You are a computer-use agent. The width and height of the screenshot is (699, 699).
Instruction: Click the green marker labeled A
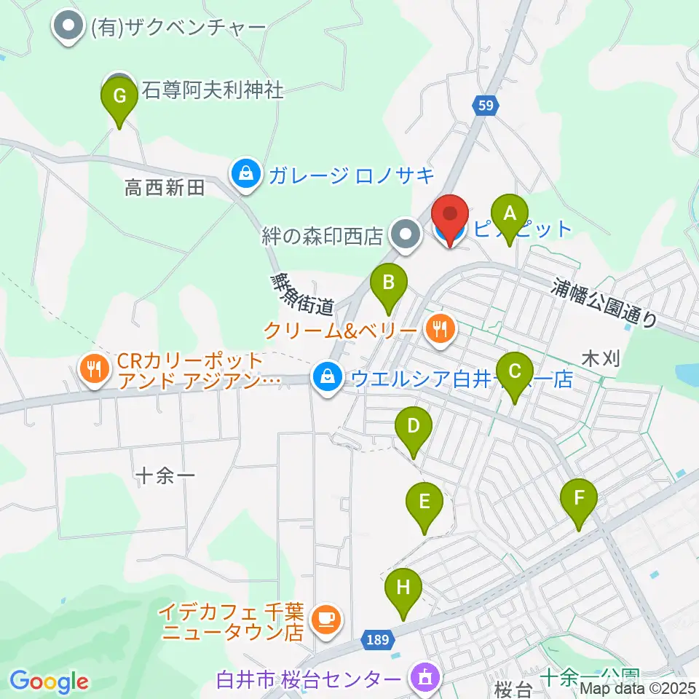[x=510, y=215]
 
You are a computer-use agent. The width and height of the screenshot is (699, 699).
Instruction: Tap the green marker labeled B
[x=389, y=282]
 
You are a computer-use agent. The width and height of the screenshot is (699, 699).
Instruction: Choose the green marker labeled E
[x=425, y=502]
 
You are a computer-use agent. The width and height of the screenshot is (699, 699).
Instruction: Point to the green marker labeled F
[x=579, y=499]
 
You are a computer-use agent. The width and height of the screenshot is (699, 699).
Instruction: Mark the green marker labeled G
[x=120, y=96]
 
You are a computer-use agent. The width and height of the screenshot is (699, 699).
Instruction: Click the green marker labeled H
[x=403, y=588]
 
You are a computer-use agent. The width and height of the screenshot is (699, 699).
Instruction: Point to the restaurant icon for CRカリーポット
[x=95, y=370]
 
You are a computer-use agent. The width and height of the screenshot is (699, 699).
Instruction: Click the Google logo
[x=49, y=682]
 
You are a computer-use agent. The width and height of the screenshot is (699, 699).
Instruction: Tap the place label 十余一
[x=166, y=476]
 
